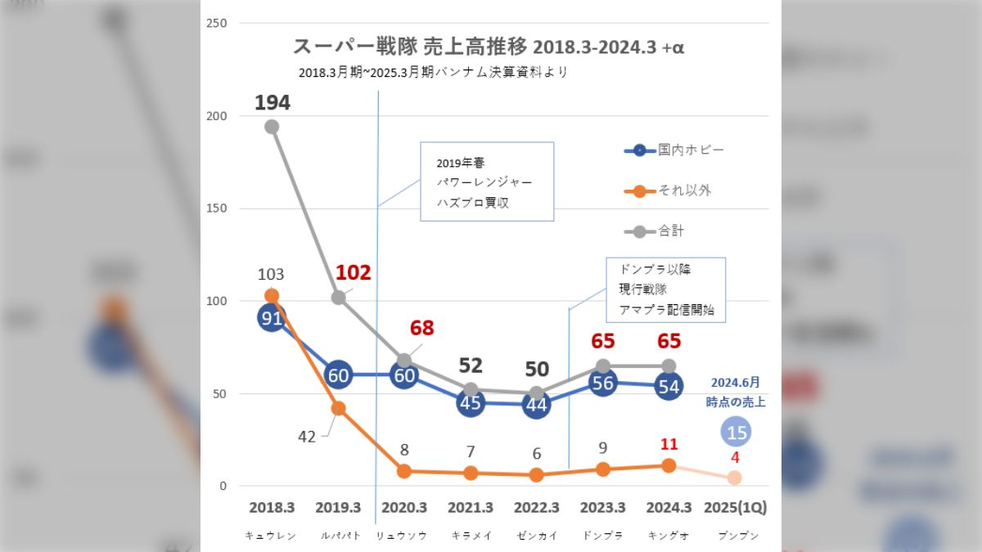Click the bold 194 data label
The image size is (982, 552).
point(272,102)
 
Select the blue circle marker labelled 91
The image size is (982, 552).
point(272,318)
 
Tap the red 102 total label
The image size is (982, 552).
point(354,272)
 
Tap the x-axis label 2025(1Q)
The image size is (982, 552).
point(736,508)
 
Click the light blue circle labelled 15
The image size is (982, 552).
point(736,432)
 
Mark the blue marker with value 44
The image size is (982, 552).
point(536,405)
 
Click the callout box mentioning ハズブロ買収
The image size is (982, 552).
point(487,182)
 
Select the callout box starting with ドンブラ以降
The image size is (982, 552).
point(665,290)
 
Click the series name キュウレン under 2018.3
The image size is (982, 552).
point(271,536)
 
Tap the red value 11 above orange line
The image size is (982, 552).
point(669,445)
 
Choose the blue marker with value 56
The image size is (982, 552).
point(603,384)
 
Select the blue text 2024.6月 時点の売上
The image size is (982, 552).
point(735,392)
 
